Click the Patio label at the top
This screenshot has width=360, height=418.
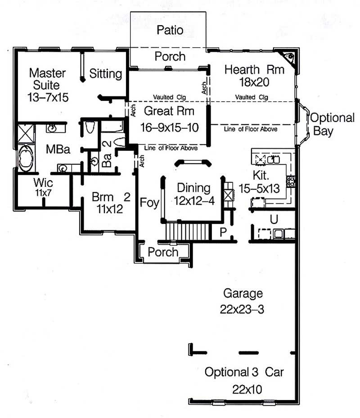(x=170, y=30)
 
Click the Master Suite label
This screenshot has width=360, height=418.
(x=47, y=79)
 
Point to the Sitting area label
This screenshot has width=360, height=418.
(x=106, y=73)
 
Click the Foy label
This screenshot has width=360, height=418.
(x=149, y=203)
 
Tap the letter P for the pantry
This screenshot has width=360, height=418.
(x=222, y=232)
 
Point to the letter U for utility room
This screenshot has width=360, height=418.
(x=273, y=219)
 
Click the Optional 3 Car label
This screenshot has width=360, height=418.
(x=244, y=373)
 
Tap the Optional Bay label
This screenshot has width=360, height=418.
(x=333, y=124)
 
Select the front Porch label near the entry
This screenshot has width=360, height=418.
(x=163, y=252)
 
